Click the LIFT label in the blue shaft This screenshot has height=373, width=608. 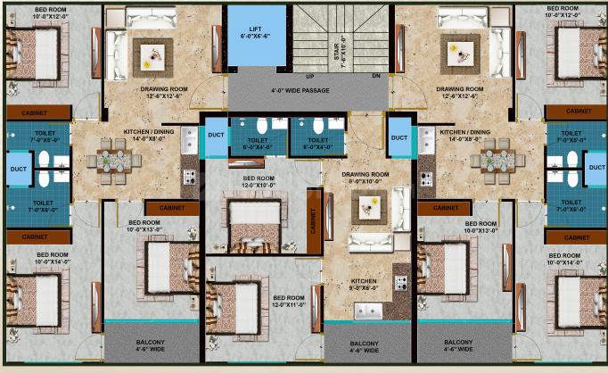point(256,29)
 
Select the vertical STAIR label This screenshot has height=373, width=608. point(338,54)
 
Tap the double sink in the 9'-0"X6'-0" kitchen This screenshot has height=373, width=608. point(368,311)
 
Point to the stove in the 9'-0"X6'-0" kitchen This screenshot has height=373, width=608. point(400,283)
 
